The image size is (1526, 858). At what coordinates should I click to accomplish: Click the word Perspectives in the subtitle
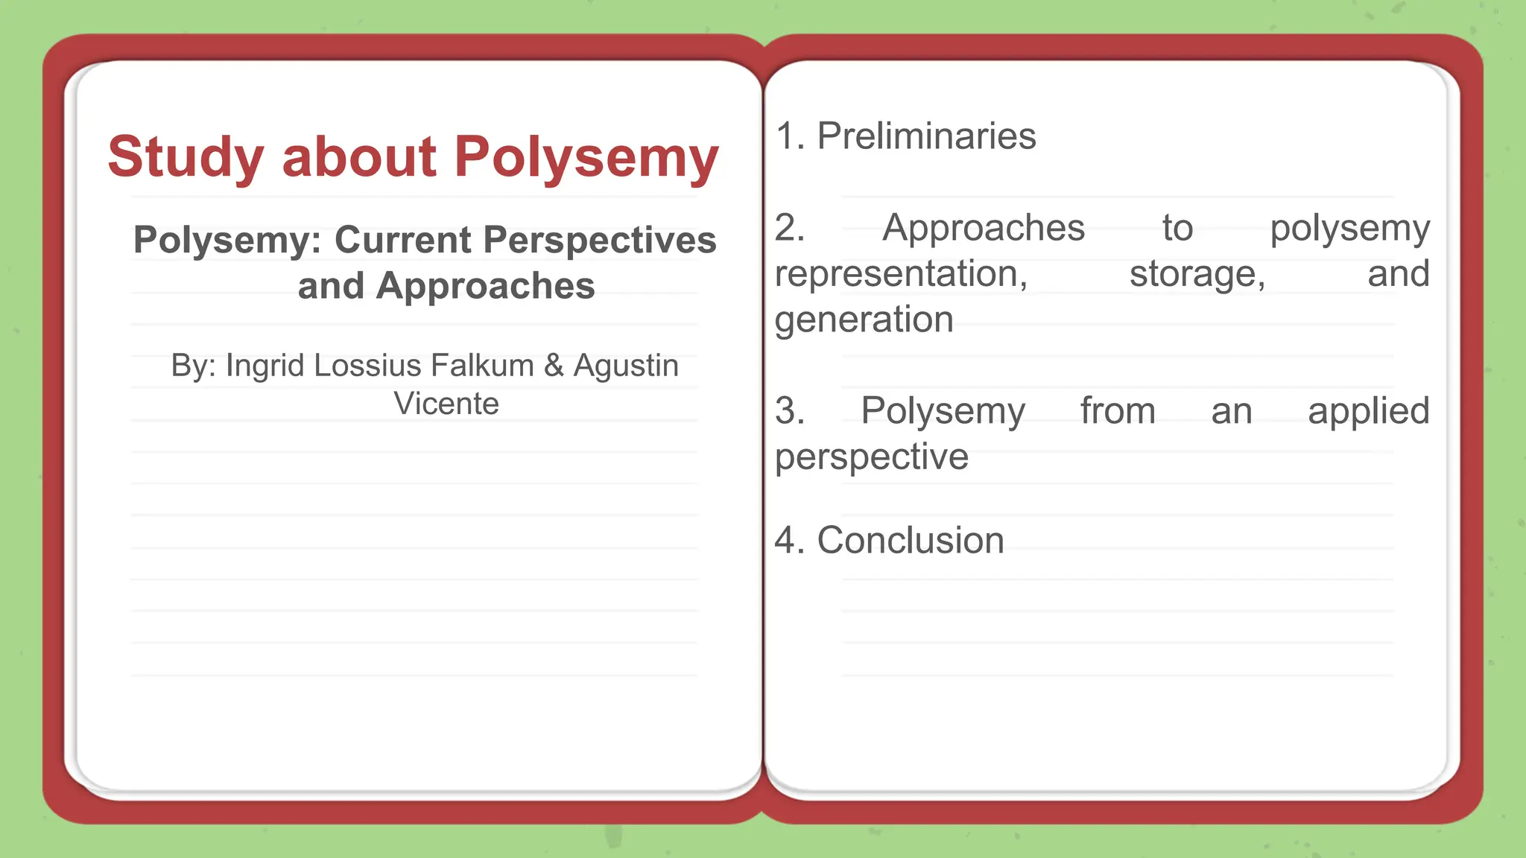point(600,240)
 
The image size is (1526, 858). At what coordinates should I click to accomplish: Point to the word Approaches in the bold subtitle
point(485,286)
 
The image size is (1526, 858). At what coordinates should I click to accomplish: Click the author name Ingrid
point(265,366)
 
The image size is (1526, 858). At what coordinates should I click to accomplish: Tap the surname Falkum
point(481,366)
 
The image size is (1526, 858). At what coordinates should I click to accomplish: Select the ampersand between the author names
point(554,366)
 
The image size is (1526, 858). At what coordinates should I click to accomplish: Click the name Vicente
point(446,404)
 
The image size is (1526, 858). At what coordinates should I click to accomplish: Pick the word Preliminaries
point(926,136)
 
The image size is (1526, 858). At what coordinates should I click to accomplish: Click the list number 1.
point(788,136)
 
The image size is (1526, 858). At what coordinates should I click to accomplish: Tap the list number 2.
point(789,227)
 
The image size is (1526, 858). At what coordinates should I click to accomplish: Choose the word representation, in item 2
point(901,273)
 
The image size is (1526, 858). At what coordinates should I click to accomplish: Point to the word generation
point(864,320)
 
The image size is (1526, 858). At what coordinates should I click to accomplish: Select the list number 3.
point(789,410)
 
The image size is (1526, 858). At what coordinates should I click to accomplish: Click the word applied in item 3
point(1368,410)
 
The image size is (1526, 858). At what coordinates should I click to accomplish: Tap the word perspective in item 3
point(871,457)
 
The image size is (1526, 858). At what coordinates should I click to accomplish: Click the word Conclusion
point(911,540)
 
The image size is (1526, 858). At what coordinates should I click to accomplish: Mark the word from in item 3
point(1118,410)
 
